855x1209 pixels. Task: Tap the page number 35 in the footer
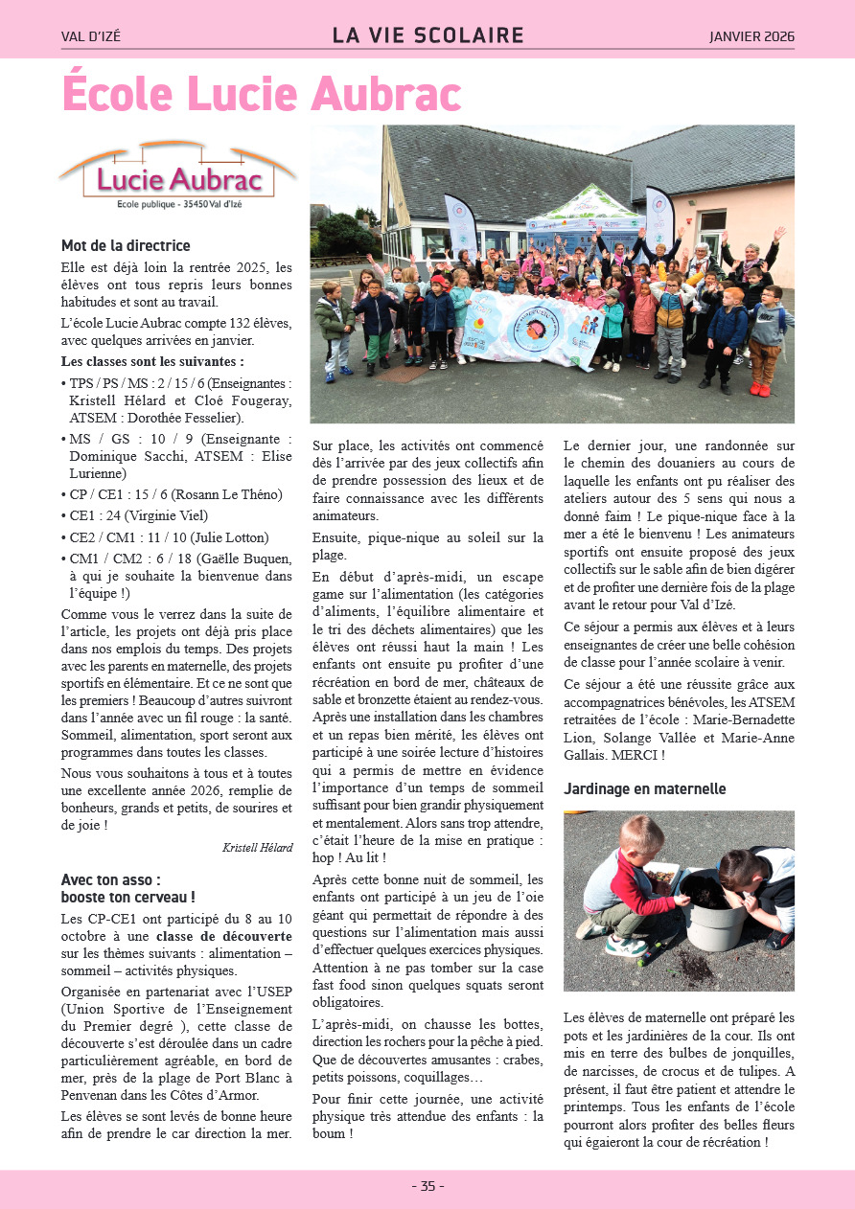point(427,1186)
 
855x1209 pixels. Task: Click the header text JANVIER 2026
point(751,37)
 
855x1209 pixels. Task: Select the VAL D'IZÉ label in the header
point(91,37)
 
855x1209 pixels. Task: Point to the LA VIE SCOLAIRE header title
point(427,36)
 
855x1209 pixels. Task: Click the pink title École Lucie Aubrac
point(262,94)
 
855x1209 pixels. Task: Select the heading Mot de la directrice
point(126,246)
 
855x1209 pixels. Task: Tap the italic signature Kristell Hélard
point(257,847)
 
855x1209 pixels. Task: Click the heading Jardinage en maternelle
point(645,789)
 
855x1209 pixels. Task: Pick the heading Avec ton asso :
point(111,878)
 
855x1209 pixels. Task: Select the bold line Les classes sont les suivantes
point(152,361)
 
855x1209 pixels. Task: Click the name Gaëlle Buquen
point(229,558)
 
